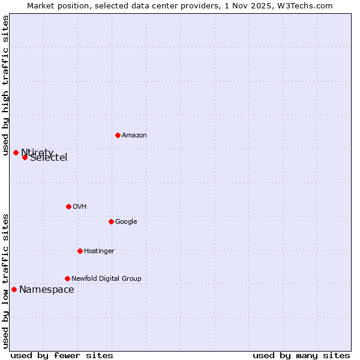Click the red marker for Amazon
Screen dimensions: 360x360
coord(118,135)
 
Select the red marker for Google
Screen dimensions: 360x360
coord(111,221)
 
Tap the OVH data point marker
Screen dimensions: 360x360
coord(68,206)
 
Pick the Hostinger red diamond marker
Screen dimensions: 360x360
coord(80,251)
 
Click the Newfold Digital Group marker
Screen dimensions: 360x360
coord(67,278)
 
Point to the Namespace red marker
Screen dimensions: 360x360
coord(14,289)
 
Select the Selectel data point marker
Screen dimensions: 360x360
coord(25,157)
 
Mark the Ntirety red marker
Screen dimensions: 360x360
coord(16,152)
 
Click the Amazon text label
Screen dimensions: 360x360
coord(134,136)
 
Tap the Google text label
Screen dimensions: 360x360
coord(126,222)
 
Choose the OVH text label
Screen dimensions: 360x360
coord(80,207)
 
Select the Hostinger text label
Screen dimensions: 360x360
coord(99,251)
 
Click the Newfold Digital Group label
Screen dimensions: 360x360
coord(106,279)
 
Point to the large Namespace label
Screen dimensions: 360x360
coord(47,290)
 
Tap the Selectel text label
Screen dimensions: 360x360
coord(49,158)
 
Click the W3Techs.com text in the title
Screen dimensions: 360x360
coord(308,5)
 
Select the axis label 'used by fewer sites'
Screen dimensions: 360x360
coord(62,355)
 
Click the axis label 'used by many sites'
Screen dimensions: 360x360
coord(301,355)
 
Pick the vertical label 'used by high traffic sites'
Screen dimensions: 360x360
coord(5,85)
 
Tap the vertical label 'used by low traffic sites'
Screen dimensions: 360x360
coord(5,281)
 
